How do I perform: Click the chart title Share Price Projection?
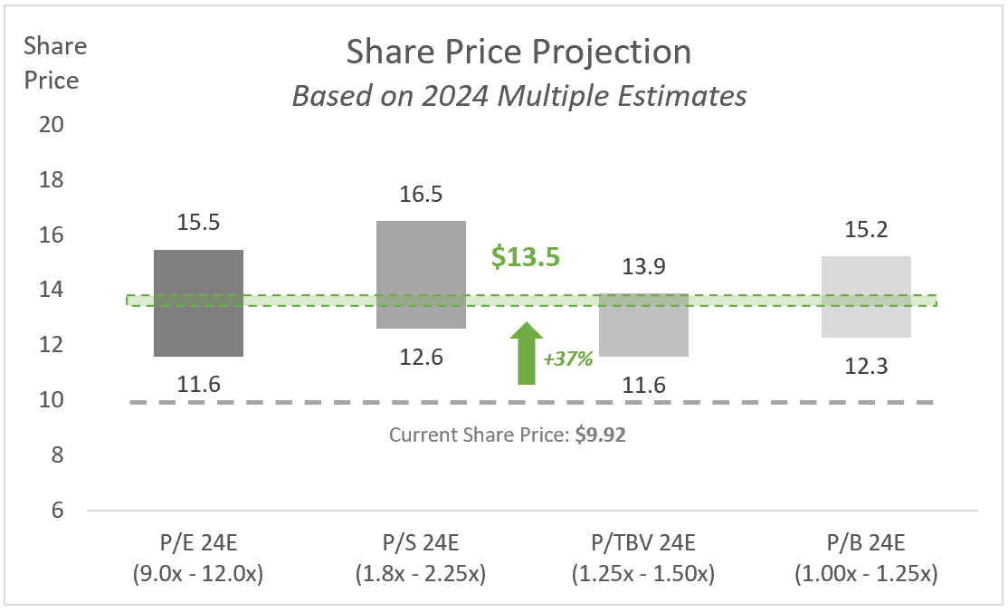pos(518,53)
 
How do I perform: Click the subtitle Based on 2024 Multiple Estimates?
pos(518,95)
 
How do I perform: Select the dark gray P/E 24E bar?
pos(198,303)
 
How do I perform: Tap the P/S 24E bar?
pos(421,274)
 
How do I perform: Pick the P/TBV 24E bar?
pos(643,325)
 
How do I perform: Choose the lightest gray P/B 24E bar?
pos(866,297)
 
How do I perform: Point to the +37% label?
pos(567,359)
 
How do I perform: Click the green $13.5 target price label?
pos(526,256)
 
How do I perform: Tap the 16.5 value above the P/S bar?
pos(421,195)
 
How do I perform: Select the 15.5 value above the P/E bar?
pos(198,223)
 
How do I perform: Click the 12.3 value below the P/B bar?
pos(866,366)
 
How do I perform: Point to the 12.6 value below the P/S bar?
pos(421,357)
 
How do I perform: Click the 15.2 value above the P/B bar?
pos(866,231)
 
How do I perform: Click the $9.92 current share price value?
pos(601,435)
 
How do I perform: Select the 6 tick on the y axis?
pos(56,511)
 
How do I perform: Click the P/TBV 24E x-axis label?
pos(643,544)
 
